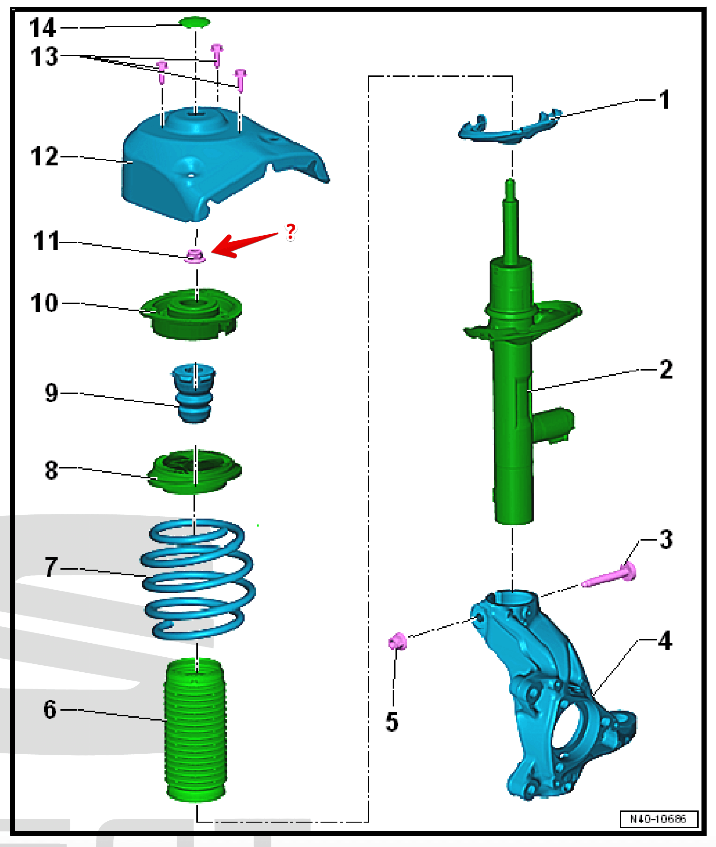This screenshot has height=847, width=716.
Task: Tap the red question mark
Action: click(x=291, y=231)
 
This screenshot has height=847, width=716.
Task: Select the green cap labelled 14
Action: click(x=195, y=22)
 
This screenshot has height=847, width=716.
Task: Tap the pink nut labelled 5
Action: click(x=397, y=641)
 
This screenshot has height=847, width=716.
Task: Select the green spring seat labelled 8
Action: click(x=194, y=471)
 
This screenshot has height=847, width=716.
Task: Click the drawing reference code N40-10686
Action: click(x=658, y=818)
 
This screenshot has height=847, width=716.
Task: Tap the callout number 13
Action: click(x=44, y=57)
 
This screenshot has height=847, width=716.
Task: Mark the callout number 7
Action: click(x=51, y=567)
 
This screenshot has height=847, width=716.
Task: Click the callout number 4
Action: click(x=665, y=640)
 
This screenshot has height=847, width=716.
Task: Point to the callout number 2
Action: click(x=666, y=370)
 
